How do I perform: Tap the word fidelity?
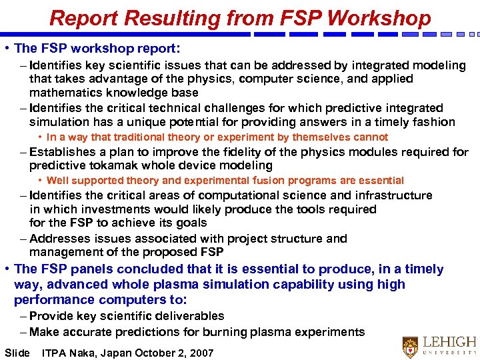click(253, 152)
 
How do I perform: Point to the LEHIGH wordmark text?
click(450, 341)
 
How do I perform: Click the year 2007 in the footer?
click(201, 353)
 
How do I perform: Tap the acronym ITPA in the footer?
click(54, 353)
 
